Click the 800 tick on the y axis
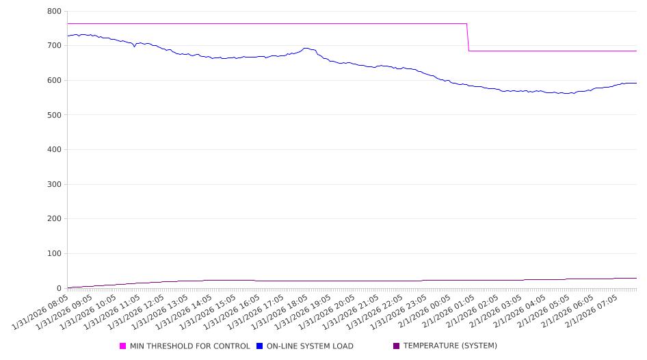tap(54, 12)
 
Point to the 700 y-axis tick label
tap(54, 46)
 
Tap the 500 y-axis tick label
tap(54, 115)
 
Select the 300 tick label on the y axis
tap(54, 184)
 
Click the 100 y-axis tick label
tap(54, 254)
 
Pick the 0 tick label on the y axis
tap(59, 288)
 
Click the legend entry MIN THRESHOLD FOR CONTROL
tap(189, 346)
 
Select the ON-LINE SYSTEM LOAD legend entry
tap(310, 346)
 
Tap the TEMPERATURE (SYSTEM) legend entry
tap(450, 346)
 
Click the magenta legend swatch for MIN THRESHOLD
tap(123, 346)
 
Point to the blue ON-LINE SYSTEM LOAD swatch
tap(260, 346)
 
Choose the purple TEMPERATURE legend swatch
tap(397, 346)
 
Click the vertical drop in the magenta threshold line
tap(468, 37)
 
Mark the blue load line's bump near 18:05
tap(306, 49)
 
